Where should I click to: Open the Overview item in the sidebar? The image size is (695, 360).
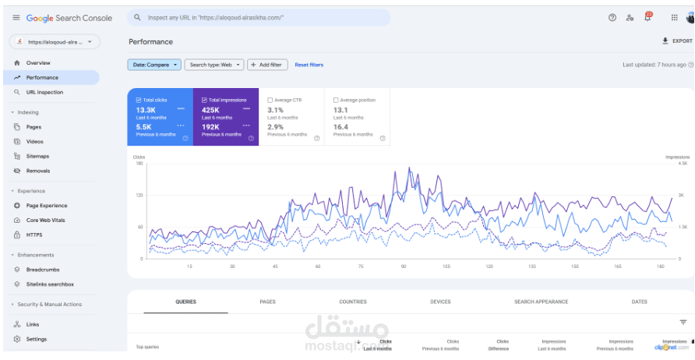click(x=37, y=63)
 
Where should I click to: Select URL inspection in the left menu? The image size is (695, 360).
click(x=44, y=92)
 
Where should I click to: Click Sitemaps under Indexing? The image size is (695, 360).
click(x=37, y=156)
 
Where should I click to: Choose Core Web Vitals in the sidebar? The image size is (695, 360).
click(x=45, y=220)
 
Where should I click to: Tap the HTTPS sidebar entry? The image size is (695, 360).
click(x=34, y=235)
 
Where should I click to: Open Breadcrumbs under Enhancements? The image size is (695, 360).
click(x=43, y=270)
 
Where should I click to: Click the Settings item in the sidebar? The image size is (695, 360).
click(x=36, y=339)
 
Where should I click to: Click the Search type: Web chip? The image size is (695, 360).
click(x=214, y=65)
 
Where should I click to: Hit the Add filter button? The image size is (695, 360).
click(x=267, y=65)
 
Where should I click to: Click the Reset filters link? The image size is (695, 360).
click(x=309, y=65)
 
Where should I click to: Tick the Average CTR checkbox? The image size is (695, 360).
click(x=270, y=100)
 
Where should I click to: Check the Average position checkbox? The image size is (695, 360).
click(x=336, y=100)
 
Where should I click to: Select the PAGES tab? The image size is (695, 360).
click(x=267, y=302)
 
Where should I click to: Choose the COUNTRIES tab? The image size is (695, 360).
click(x=353, y=302)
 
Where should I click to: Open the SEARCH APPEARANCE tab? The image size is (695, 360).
click(x=541, y=302)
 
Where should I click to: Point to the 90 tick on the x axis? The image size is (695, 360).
click(x=404, y=266)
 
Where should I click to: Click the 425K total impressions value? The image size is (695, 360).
click(x=210, y=110)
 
